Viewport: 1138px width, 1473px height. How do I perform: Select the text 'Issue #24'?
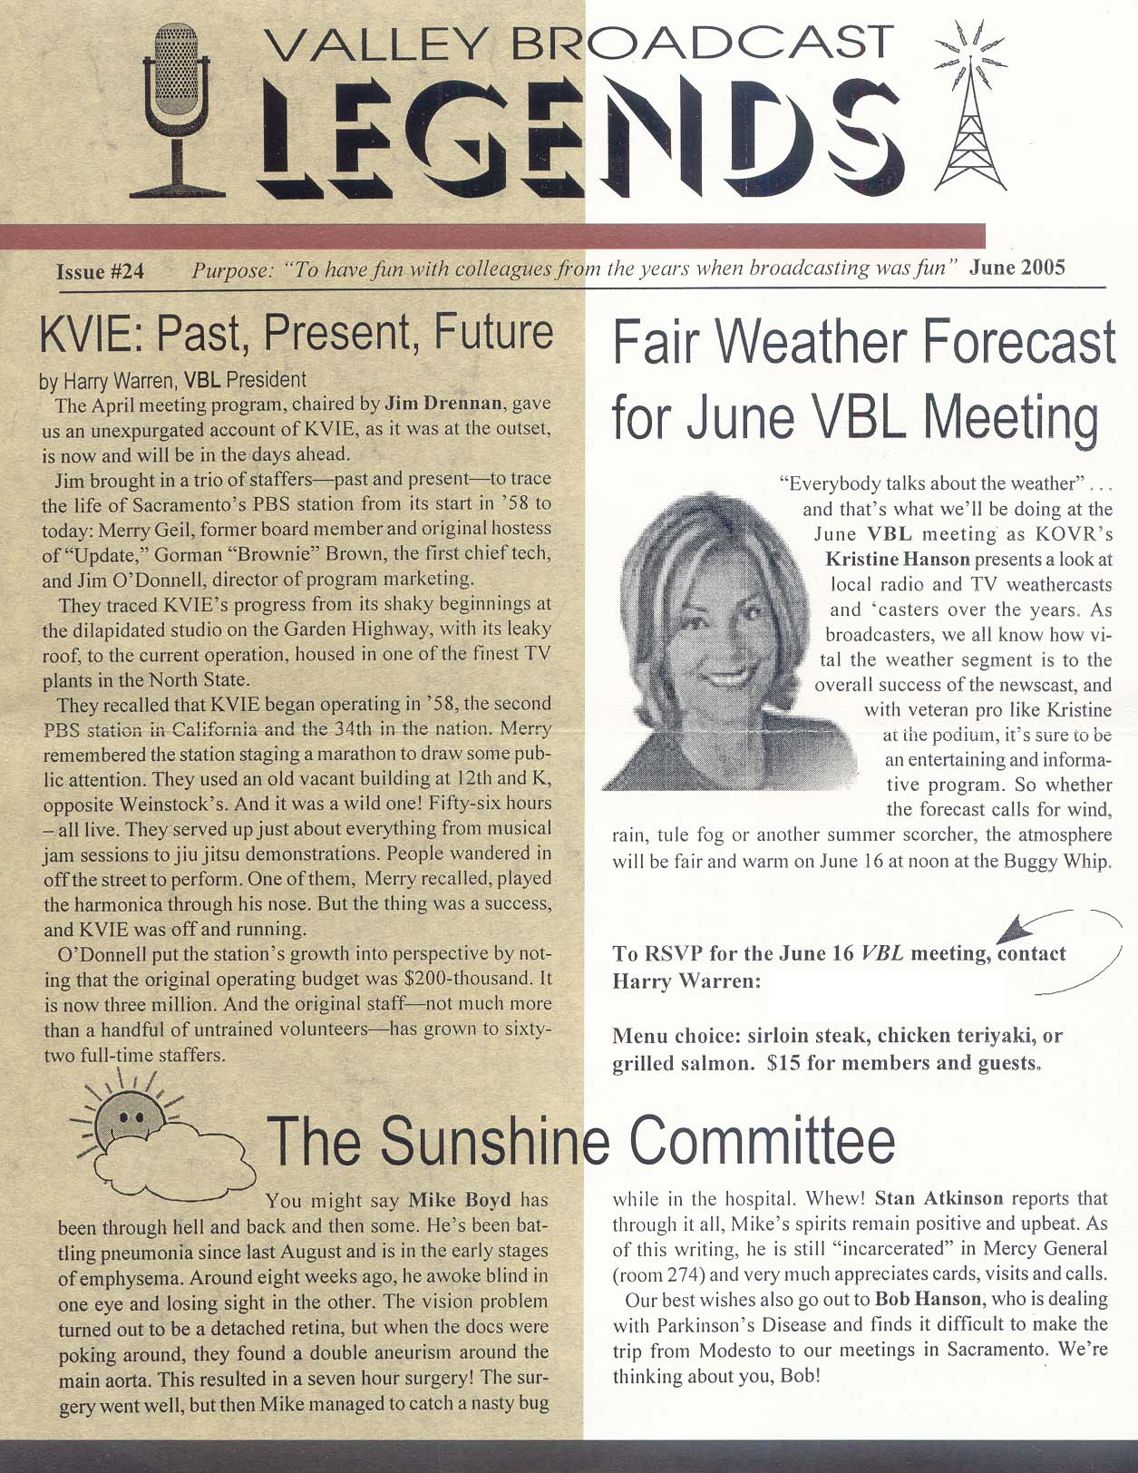(x=100, y=271)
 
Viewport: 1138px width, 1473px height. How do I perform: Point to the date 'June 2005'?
(x=1016, y=268)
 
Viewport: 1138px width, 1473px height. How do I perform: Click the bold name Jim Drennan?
(x=442, y=403)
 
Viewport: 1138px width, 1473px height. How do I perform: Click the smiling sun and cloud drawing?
(x=159, y=1138)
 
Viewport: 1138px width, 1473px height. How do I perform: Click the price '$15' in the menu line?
(x=783, y=1062)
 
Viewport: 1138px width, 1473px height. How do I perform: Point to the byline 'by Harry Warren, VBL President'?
(x=172, y=379)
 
